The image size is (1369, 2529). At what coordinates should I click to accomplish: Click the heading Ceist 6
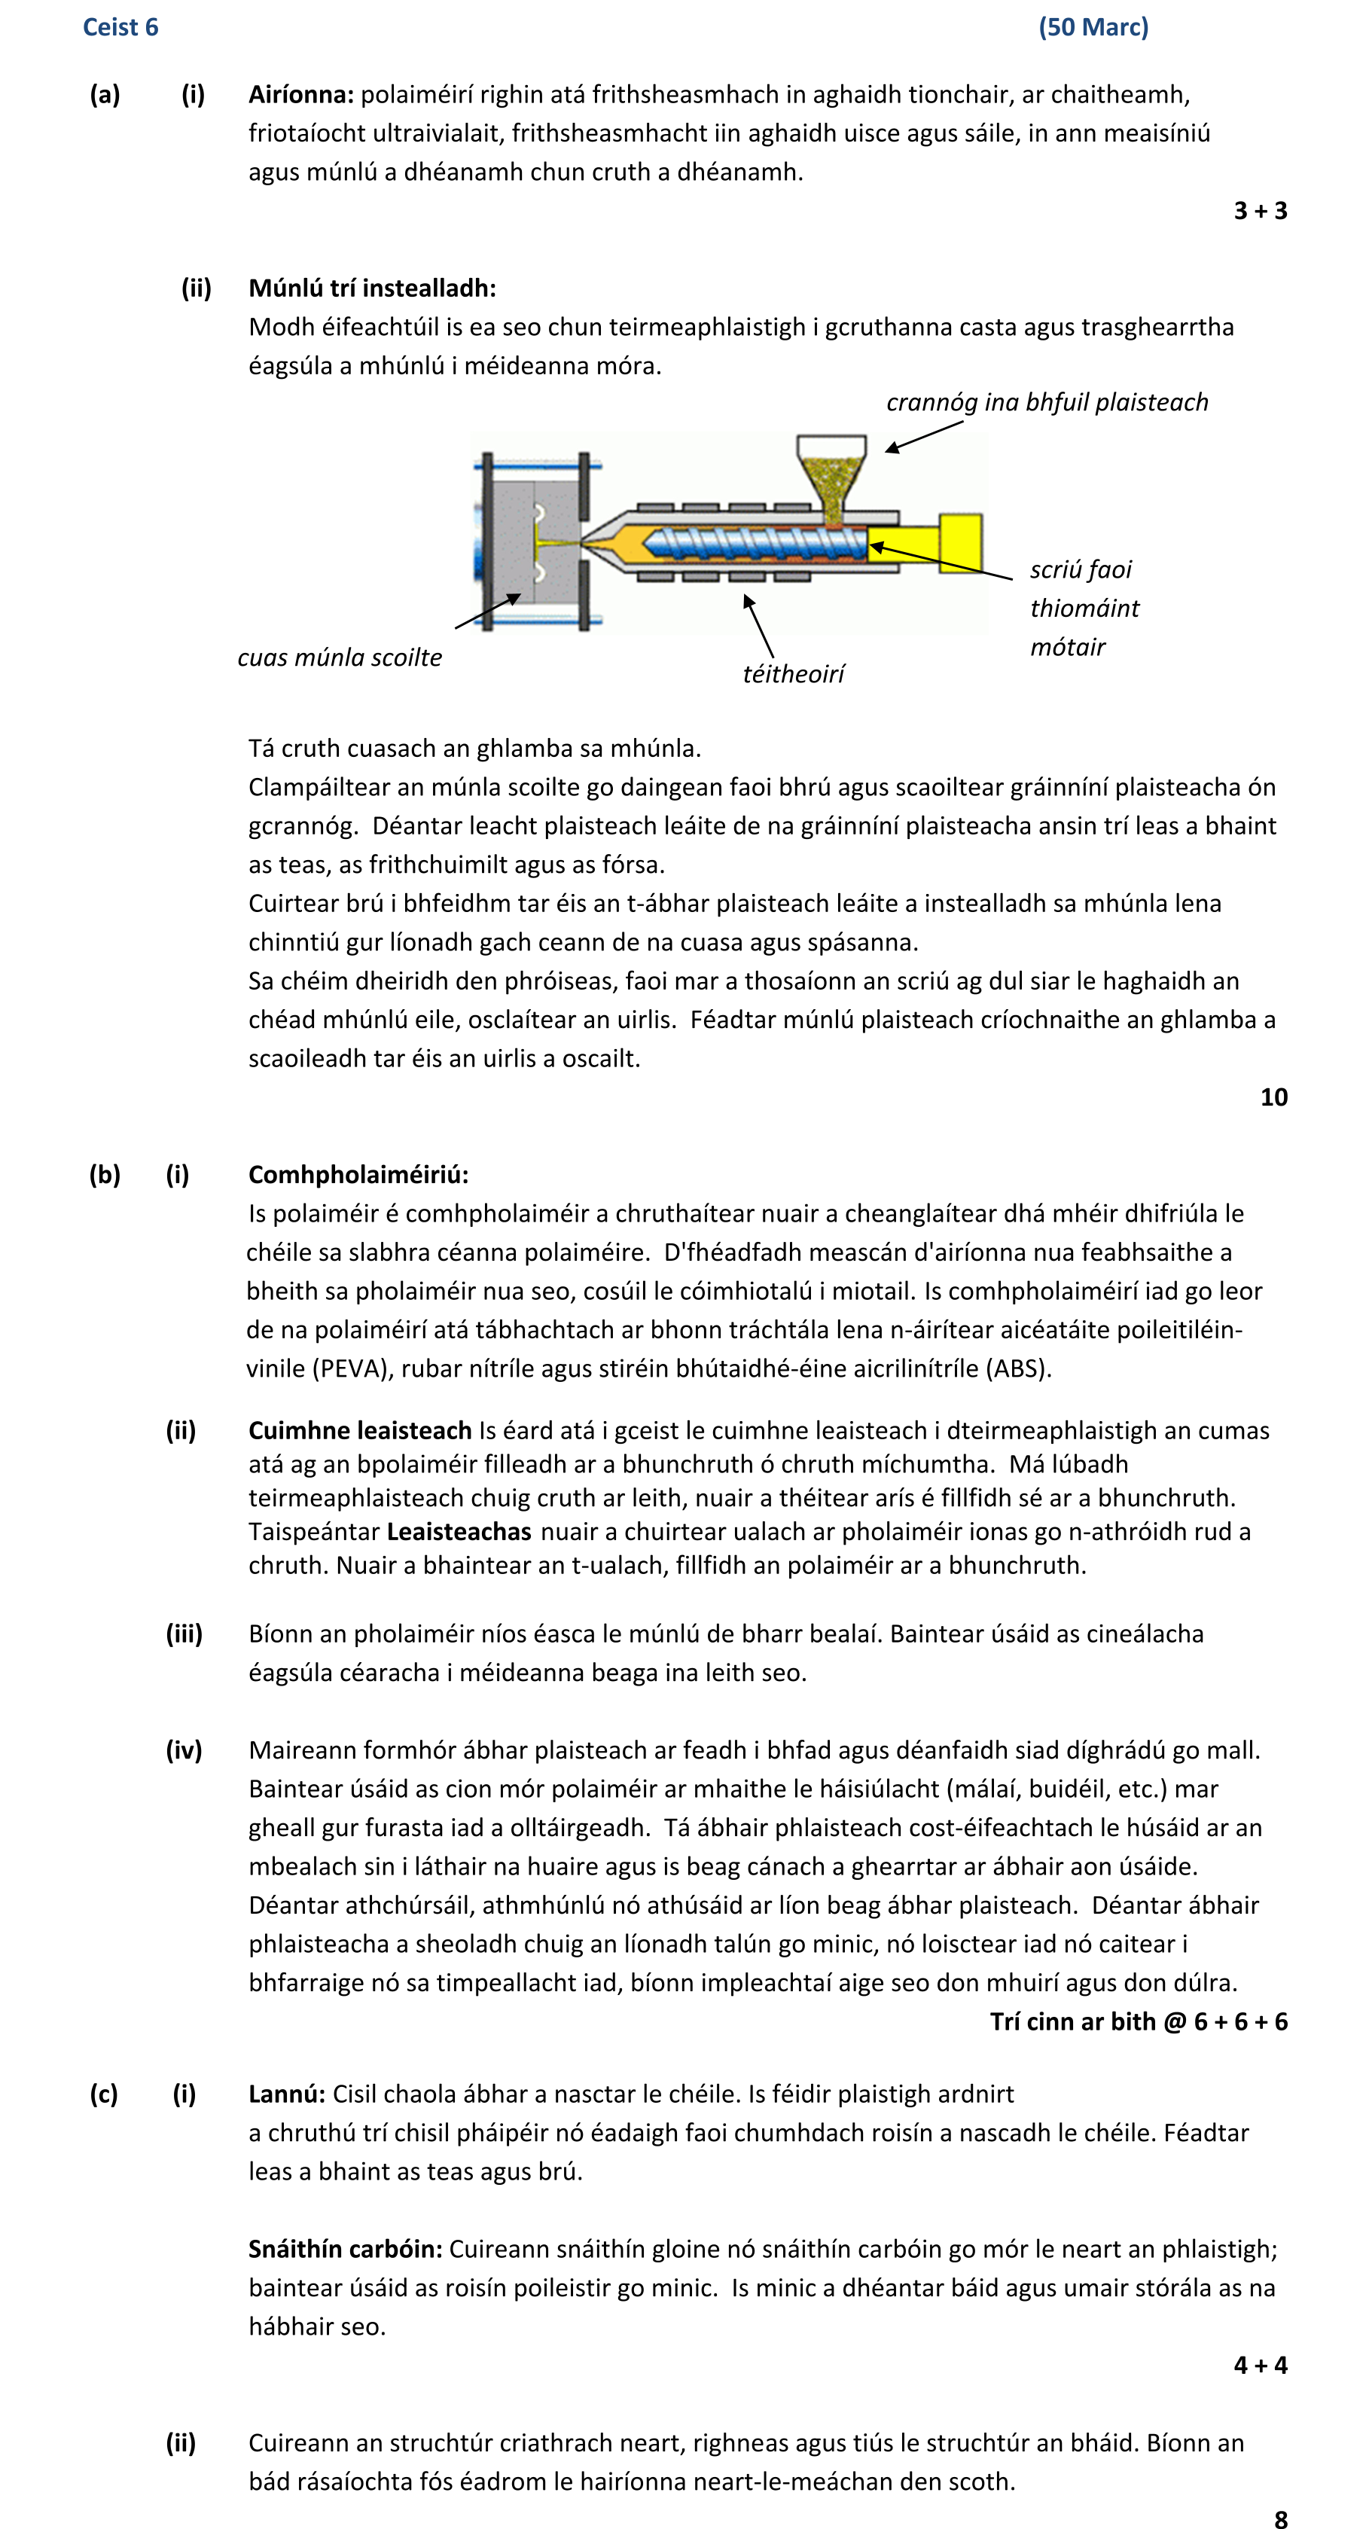click(x=120, y=27)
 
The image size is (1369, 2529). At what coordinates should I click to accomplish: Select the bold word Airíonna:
click(x=300, y=94)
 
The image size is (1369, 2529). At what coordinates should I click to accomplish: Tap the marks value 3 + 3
click(x=1259, y=210)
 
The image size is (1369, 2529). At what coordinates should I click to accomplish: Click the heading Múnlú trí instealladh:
click(x=372, y=288)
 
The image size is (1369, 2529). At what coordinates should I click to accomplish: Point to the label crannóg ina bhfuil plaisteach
click(x=1046, y=402)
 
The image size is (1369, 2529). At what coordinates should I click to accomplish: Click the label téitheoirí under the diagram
click(x=793, y=673)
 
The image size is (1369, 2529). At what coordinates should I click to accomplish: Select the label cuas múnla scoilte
click(x=340, y=657)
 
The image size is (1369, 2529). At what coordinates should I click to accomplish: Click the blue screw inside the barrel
click(x=755, y=543)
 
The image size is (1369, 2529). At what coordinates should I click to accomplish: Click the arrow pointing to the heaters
click(x=758, y=625)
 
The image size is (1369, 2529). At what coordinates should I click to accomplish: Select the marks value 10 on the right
click(x=1273, y=1097)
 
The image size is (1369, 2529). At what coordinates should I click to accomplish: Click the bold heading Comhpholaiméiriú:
click(x=358, y=1174)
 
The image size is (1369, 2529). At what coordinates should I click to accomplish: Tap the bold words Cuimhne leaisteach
click(x=359, y=1430)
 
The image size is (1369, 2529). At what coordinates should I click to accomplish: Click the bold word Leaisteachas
click(x=459, y=1532)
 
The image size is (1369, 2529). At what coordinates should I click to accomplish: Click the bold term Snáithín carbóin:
click(x=344, y=2249)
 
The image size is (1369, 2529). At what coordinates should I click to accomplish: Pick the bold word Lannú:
click(x=285, y=2094)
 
